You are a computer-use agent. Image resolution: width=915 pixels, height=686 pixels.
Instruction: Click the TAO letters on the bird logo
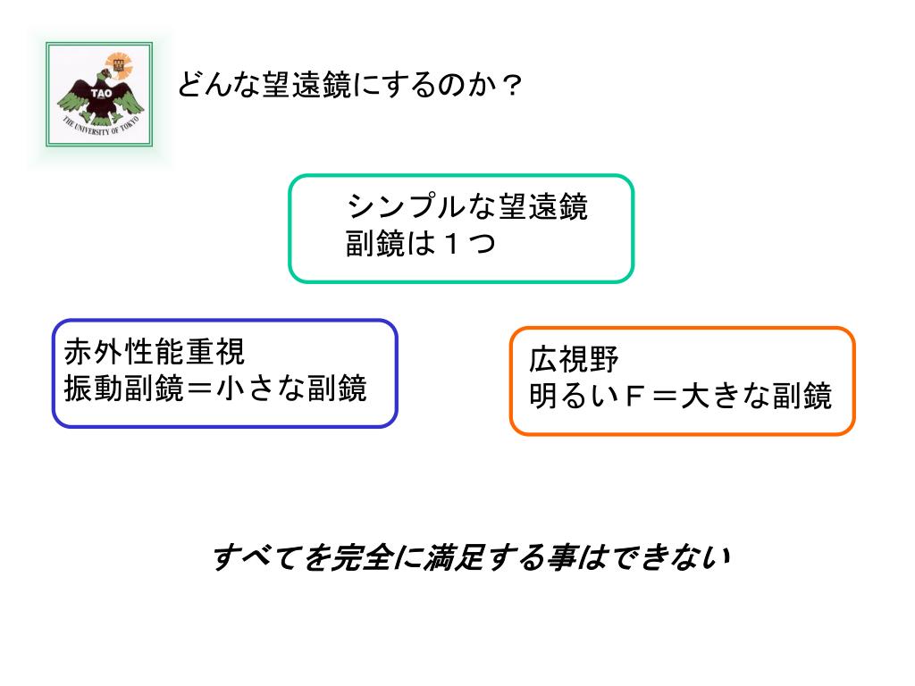coord(101,92)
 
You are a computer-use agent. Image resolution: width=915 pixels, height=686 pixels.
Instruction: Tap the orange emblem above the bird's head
coord(114,63)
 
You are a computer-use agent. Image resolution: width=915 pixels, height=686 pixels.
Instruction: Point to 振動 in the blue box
coord(93,389)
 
